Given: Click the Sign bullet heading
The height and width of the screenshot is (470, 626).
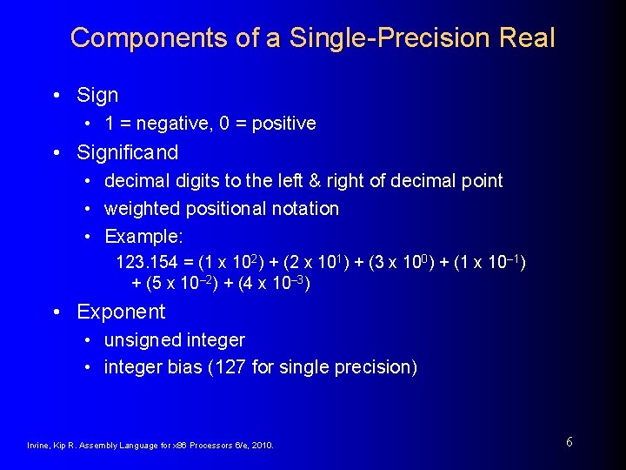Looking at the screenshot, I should (97, 95).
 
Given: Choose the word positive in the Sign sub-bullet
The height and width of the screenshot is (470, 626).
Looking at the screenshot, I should (283, 124).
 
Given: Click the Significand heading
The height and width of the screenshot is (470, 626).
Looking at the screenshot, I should (127, 152).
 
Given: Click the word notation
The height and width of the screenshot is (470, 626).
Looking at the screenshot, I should (304, 208).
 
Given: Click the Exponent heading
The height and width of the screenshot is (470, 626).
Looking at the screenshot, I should (121, 312).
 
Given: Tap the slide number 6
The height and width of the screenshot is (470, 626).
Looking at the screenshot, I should (569, 441).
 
